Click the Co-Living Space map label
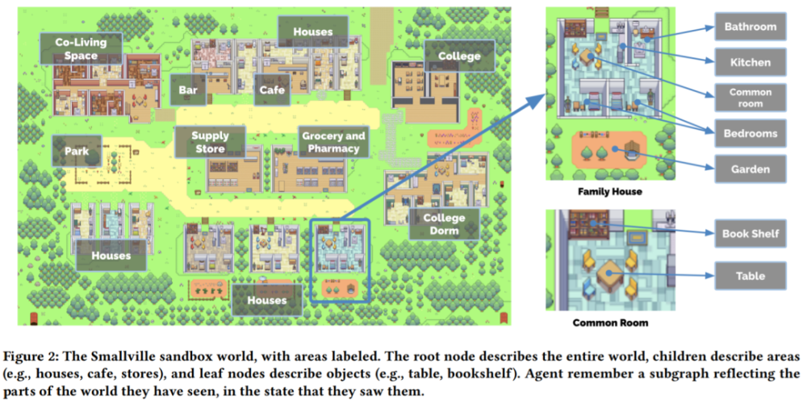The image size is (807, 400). click(77, 48)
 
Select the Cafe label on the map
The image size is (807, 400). click(272, 90)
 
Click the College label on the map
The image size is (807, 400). click(458, 56)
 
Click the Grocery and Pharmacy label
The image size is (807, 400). click(333, 143)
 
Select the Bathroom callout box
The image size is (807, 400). click(750, 27)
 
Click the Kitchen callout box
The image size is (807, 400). click(750, 62)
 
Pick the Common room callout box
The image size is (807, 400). click(750, 98)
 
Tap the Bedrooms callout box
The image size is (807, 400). click(750, 133)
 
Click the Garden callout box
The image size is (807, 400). click(750, 169)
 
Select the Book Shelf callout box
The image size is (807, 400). click(750, 234)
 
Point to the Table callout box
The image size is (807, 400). click(750, 276)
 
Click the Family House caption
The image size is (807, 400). click(609, 193)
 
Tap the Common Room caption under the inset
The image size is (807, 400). click(610, 323)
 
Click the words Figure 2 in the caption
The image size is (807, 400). click(36, 356)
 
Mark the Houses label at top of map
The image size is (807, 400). click(313, 32)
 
